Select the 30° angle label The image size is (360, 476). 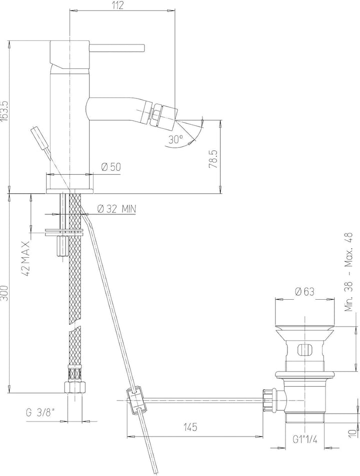coord(175,139)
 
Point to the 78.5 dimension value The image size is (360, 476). coord(213,158)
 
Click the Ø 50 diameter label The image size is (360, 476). coord(111,167)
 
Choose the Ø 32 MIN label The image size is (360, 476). coord(116,209)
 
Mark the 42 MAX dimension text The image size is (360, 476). coord(26,259)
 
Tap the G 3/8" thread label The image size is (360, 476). coord(40,413)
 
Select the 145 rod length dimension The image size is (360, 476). coord(190,427)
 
